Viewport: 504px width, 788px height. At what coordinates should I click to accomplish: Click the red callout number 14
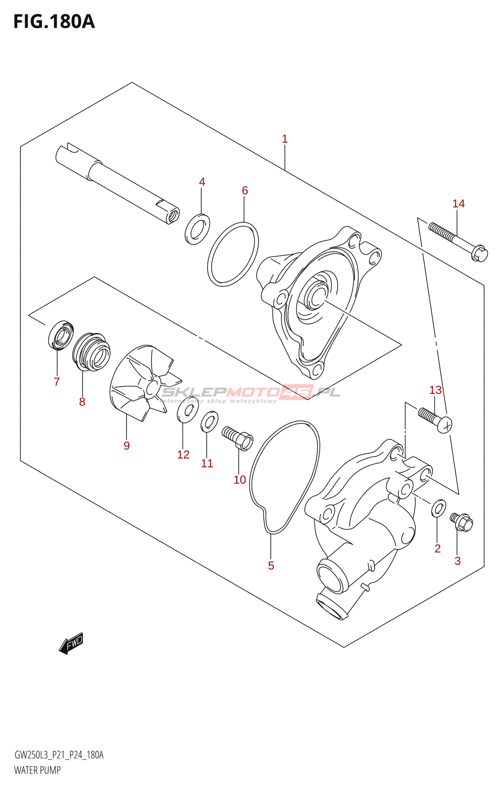click(x=458, y=203)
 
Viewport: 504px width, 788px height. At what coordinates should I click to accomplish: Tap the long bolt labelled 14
click(x=457, y=241)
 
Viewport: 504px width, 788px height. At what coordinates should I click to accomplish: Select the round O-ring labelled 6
click(x=233, y=254)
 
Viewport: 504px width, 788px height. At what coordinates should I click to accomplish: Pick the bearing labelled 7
click(x=61, y=335)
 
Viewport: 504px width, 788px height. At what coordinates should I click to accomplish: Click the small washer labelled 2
click(x=439, y=508)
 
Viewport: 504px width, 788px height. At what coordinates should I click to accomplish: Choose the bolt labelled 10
click(x=238, y=438)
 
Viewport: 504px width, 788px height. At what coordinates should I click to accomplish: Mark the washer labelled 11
click(x=209, y=423)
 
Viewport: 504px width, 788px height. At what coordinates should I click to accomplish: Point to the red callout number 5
click(x=271, y=565)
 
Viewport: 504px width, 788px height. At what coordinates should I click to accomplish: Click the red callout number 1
click(x=284, y=139)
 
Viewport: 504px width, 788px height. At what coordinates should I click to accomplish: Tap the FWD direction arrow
click(x=71, y=643)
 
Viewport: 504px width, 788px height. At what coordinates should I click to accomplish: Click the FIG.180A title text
click(x=54, y=22)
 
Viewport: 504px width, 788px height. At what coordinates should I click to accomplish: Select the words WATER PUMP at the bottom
click(x=37, y=770)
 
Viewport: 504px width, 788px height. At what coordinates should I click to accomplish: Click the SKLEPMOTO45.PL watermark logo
click(x=251, y=393)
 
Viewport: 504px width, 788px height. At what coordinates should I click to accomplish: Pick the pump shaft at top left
click(x=116, y=183)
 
